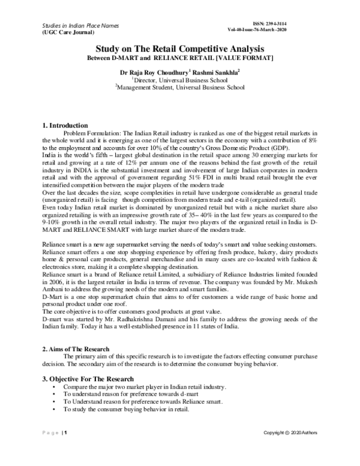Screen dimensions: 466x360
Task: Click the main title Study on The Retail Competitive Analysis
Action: coord(180,52)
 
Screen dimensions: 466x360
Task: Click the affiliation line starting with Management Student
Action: coord(180,87)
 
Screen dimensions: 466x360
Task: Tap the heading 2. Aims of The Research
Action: coord(76,349)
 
